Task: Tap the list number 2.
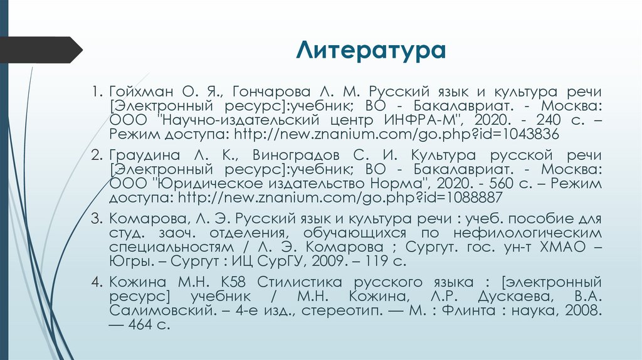96,155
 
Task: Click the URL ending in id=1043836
396,134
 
